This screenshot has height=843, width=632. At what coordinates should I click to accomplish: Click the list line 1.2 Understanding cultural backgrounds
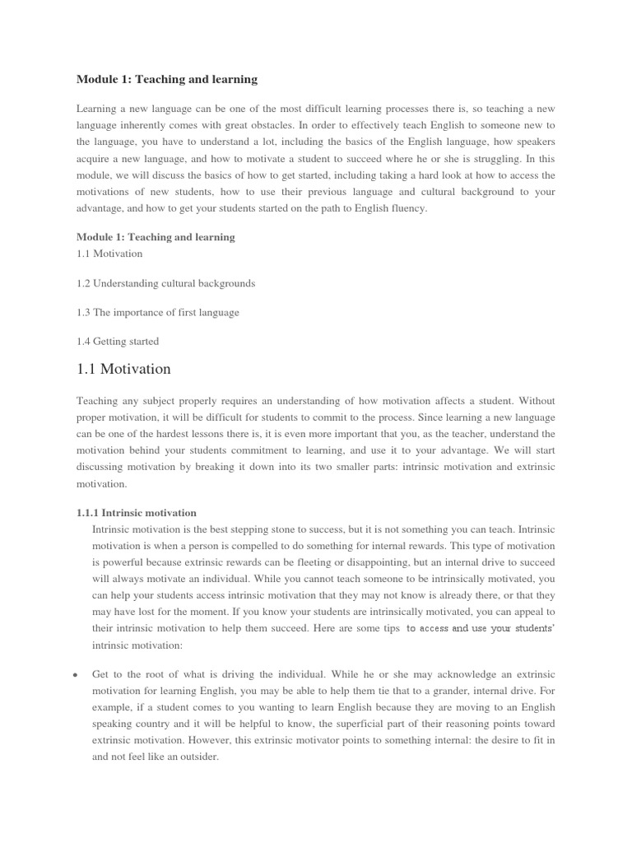tap(165, 283)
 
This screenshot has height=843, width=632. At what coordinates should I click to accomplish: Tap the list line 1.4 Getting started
tap(118, 341)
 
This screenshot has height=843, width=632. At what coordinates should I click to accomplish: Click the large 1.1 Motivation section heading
tap(123, 369)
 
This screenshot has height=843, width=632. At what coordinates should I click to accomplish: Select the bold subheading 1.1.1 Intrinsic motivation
tap(137, 512)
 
